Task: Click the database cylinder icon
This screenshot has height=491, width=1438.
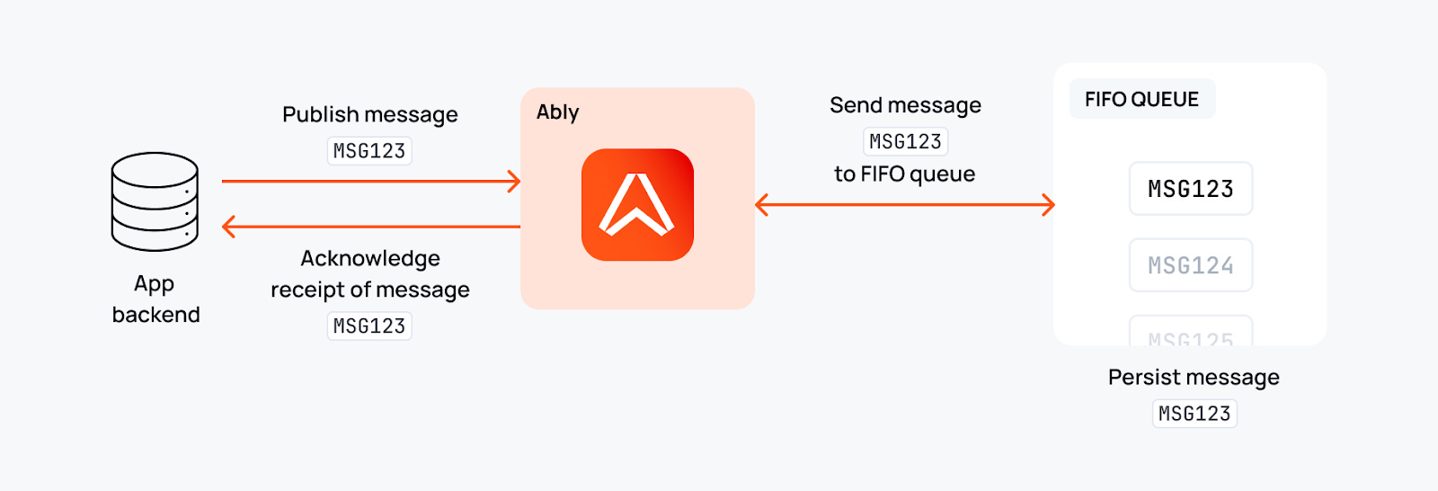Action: (155, 201)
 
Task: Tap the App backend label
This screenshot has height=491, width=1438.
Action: (155, 299)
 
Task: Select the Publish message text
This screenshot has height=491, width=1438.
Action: (369, 115)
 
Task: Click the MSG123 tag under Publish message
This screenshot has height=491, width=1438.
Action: (369, 151)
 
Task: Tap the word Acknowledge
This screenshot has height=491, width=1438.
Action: (370, 259)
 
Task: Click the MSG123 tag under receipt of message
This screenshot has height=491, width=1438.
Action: (369, 326)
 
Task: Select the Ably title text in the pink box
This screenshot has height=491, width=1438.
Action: (557, 112)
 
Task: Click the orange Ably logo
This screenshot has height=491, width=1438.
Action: (637, 205)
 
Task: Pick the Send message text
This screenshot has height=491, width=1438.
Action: (905, 106)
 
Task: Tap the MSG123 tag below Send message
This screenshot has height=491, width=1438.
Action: (905, 142)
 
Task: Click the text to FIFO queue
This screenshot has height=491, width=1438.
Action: (904, 174)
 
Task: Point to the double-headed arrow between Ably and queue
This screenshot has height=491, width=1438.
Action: (904, 205)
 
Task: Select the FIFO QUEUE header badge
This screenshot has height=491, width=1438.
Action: (1141, 99)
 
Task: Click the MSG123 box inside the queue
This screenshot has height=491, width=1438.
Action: (1190, 189)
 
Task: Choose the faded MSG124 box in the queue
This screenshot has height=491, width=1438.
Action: (1190, 265)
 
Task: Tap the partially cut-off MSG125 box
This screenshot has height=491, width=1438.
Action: (1190, 333)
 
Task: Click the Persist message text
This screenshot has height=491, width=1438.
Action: (1194, 378)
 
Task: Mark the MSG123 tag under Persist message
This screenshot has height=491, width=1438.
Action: (1194, 414)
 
